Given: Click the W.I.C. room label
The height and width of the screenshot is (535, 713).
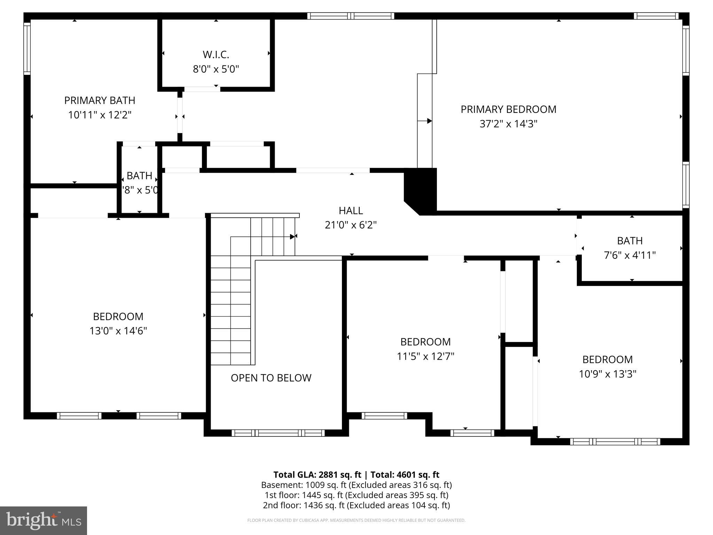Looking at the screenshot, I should point(216,55).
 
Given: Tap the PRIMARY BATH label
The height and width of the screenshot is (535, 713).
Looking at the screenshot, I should point(100,101).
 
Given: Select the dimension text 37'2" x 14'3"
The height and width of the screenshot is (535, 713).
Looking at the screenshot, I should point(508,124).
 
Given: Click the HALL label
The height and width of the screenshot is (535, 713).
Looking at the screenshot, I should point(351,211).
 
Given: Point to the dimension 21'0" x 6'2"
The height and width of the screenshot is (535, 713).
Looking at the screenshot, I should point(351,225).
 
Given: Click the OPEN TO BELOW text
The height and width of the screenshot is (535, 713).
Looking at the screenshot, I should point(271,378).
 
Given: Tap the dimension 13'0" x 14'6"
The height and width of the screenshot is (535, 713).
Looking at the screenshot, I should point(118,331).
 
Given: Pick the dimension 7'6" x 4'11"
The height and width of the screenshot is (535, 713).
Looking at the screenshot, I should point(629,256).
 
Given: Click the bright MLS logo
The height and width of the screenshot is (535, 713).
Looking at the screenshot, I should point(43,520).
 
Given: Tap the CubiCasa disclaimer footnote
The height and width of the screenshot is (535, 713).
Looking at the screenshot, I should point(356,520).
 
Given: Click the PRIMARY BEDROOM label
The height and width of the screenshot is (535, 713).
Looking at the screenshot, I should point(508,109).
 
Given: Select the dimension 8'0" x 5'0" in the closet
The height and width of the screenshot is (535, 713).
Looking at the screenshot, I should point(216,69).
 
